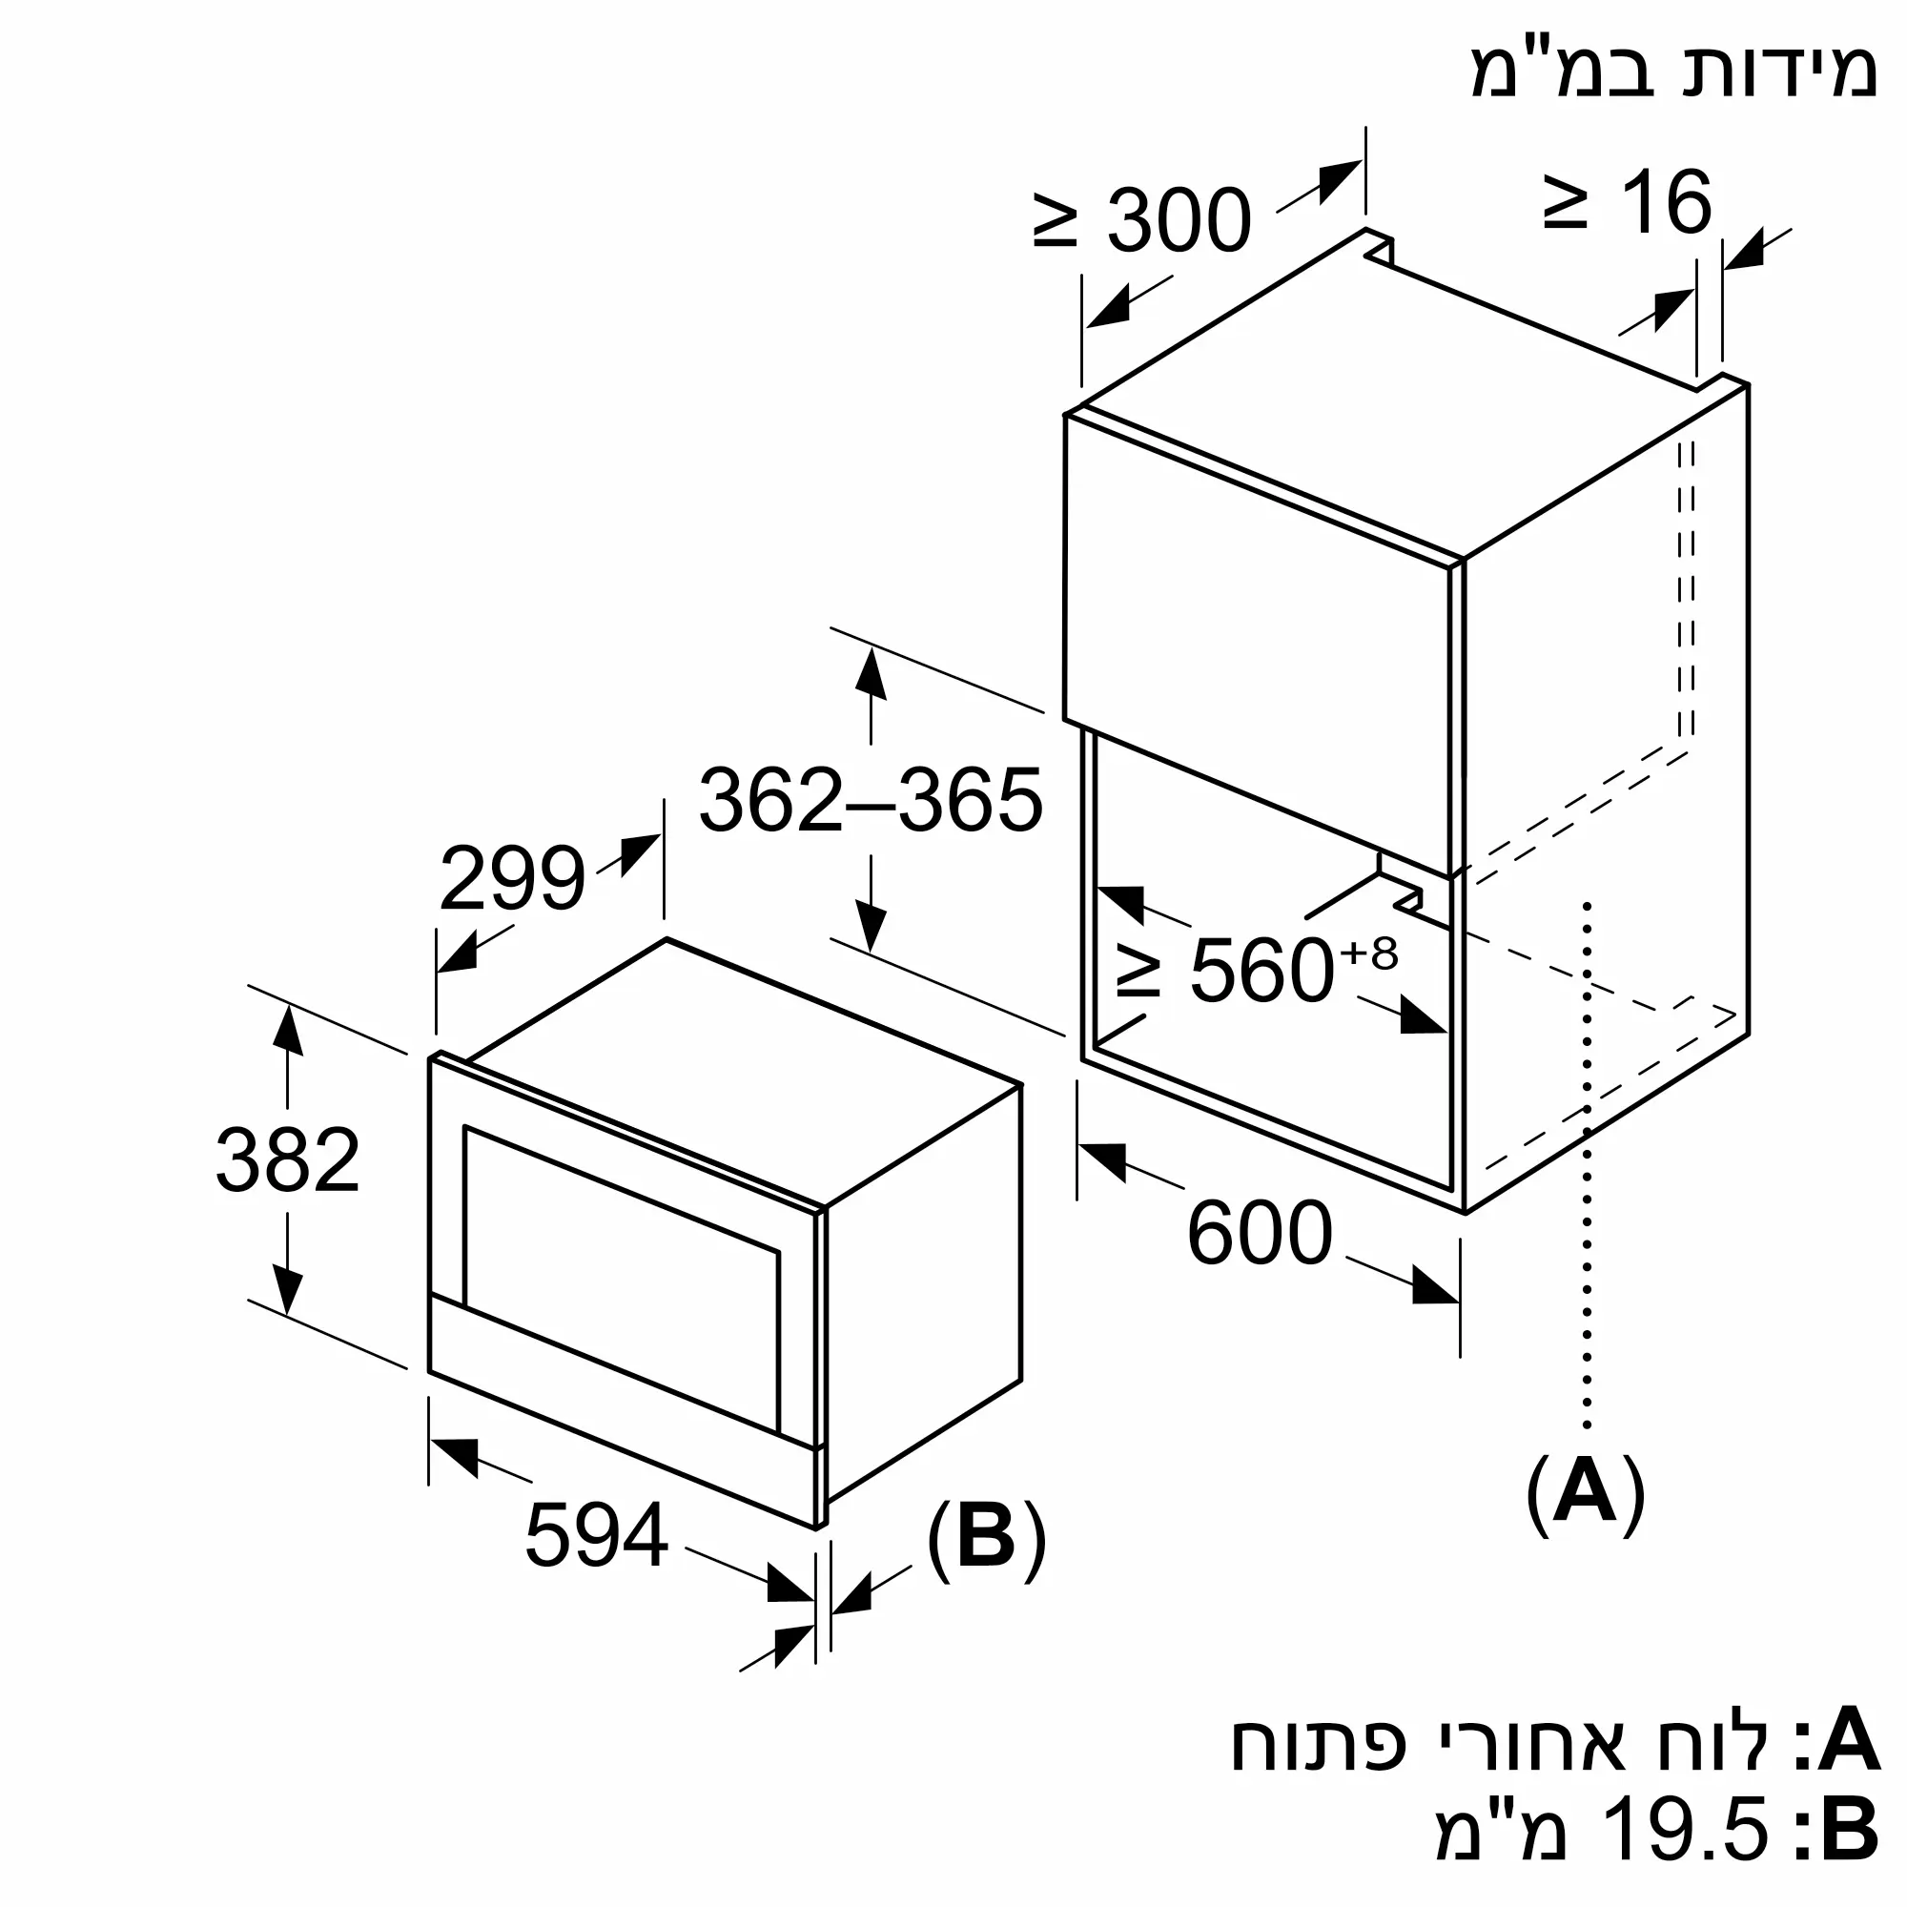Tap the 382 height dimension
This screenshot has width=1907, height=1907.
coord(287,1159)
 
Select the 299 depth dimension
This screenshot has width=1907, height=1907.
coord(512,877)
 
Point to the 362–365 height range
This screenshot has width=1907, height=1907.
coord(871,800)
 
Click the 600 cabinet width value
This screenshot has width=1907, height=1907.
coord(1260,1233)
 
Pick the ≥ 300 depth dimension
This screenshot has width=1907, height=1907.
coord(1143,220)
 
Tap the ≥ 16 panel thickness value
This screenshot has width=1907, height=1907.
coord(1628,202)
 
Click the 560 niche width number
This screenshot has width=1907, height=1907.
coord(1263,971)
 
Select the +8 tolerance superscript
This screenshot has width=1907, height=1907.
coord(1369,954)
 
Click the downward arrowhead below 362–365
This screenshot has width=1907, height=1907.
coord(871,927)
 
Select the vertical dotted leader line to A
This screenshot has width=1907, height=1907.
coord(1587,1165)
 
